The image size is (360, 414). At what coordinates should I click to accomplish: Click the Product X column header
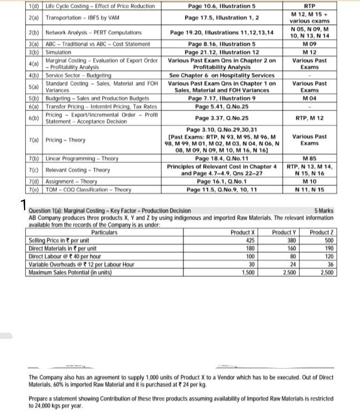click(x=243, y=233)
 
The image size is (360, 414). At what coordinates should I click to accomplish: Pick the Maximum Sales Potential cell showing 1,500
click(x=248, y=272)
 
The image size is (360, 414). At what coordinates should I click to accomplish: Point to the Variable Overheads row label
click(x=81, y=264)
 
